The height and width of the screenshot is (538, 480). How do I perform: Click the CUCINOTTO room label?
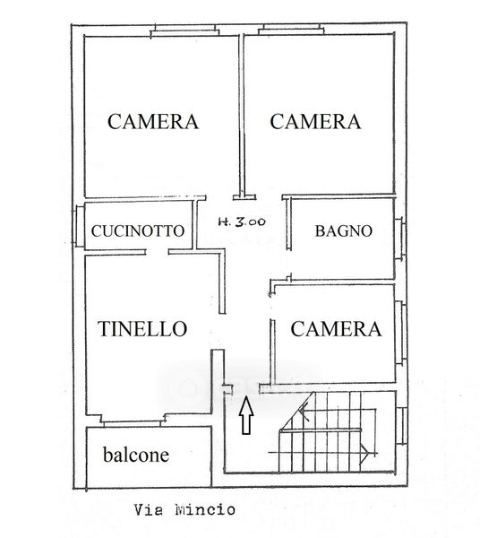click(x=138, y=231)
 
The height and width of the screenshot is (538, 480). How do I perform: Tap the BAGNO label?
click(x=344, y=231)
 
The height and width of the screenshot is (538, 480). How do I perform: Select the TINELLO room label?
click(x=142, y=329)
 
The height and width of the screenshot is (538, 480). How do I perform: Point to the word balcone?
click(x=136, y=455)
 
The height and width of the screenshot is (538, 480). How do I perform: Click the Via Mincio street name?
click(x=184, y=509)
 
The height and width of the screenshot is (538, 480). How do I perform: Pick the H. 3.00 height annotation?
click(x=242, y=222)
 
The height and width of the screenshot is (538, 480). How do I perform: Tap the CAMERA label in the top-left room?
click(x=153, y=121)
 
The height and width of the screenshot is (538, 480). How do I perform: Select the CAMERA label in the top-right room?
click(x=315, y=121)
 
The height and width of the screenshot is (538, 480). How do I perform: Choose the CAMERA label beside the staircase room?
click(x=336, y=329)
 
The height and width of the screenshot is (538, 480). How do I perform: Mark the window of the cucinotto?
click(x=79, y=226)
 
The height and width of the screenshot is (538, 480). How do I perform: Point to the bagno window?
click(x=399, y=239)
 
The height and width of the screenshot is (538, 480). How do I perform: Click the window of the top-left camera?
click(x=185, y=30)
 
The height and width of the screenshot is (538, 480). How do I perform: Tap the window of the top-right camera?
click(x=291, y=30)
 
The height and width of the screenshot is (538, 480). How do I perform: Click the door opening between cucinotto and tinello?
click(x=157, y=252)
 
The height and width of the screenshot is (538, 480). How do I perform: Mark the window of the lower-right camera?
click(x=401, y=332)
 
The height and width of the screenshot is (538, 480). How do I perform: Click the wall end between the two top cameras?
click(x=244, y=197)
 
